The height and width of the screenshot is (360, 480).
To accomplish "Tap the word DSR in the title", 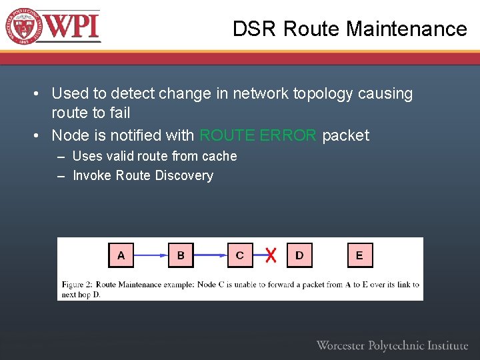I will [x=255, y=29].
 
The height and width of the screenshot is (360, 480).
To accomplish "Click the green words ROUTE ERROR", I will [x=258, y=135].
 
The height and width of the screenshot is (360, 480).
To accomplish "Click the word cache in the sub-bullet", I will [x=220, y=156].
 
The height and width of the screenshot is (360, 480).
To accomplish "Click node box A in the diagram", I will [x=121, y=255].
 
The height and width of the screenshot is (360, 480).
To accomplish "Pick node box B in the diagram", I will [x=181, y=255].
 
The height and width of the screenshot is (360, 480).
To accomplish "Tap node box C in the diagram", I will [x=240, y=255].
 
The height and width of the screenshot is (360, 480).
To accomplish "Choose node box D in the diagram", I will [x=299, y=255].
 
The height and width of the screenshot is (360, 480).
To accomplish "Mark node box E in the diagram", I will [x=360, y=255].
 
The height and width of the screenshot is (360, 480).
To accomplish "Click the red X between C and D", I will [x=270, y=255].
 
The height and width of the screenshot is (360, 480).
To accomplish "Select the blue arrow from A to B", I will [x=151, y=255].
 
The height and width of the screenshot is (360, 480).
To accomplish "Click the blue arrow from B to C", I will [x=210, y=255].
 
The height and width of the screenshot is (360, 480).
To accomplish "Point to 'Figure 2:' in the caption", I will [x=77, y=285].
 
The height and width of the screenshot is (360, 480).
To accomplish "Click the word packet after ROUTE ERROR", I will [x=345, y=135].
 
